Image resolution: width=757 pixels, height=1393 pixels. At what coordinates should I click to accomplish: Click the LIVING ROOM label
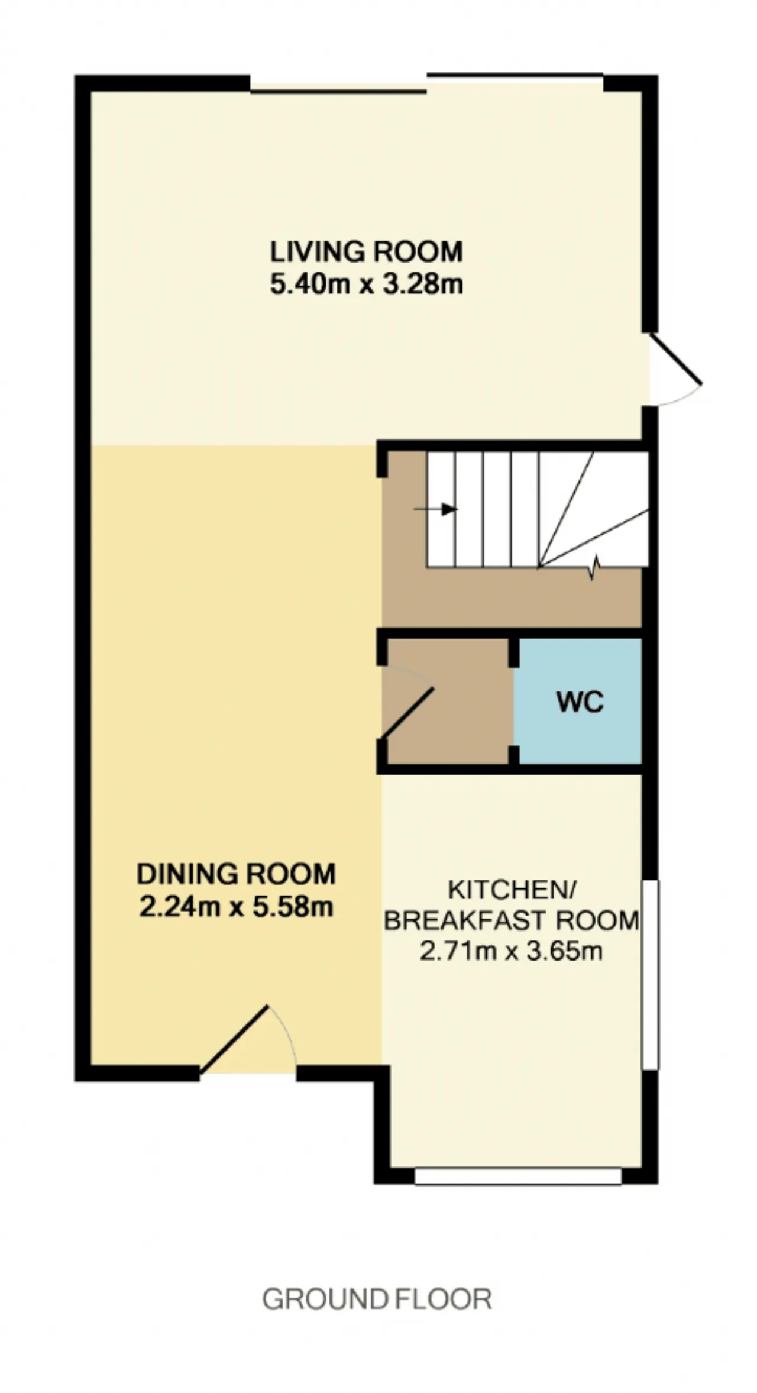pyautogui.click(x=366, y=252)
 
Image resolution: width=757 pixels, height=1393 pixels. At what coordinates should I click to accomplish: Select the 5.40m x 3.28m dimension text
pyautogui.click(x=366, y=285)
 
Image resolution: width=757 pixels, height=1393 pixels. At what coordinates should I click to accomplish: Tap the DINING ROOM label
pyautogui.click(x=236, y=874)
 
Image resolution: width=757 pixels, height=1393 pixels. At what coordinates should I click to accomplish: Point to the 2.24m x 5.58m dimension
pyautogui.click(x=236, y=907)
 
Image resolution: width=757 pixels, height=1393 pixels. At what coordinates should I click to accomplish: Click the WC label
pyautogui.click(x=580, y=702)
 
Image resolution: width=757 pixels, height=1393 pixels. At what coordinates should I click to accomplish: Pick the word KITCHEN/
pyautogui.click(x=512, y=889)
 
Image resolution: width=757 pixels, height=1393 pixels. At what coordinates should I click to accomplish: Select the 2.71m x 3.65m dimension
pyautogui.click(x=511, y=952)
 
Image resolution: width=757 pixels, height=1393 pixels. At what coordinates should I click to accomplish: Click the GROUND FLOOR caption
pyautogui.click(x=377, y=1300)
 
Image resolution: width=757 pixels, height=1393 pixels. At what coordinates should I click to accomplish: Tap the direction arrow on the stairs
pyautogui.click(x=435, y=509)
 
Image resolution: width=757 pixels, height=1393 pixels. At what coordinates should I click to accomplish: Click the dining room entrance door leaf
pyautogui.click(x=234, y=1039)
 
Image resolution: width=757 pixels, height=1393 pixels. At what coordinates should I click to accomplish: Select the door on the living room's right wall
pyautogui.click(x=675, y=359)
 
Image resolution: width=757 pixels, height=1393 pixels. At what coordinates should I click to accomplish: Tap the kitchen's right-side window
pyautogui.click(x=651, y=974)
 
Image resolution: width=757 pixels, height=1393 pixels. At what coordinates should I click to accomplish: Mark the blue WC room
pyautogui.click(x=578, y=702)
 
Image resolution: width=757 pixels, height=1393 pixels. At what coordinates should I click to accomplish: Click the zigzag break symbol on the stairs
pyautogui.click(x=594, y=568)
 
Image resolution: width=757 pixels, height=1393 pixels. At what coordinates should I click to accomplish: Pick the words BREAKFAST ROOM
pyautogui.click(x=512, y=921)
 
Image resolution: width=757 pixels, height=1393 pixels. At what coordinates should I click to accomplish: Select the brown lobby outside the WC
pyautogui.click(x=448, y=702)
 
